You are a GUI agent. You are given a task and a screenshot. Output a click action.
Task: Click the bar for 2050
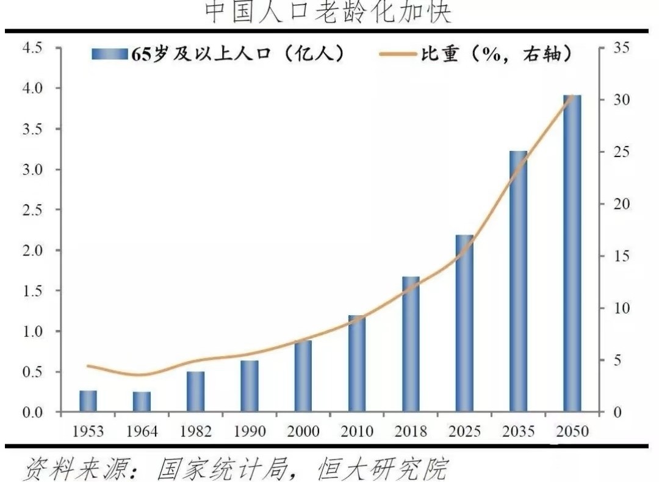[x=572, y=253]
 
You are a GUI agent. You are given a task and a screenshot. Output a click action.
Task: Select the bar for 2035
[x=518, y=281]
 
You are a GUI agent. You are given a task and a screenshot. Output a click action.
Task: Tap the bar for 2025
[x=464, y=323]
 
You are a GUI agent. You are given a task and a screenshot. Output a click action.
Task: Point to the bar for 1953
[x=88, y=401]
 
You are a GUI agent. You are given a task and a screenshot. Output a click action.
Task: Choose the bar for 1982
[x=196, y=392]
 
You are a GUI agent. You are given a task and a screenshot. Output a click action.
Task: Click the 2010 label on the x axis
[x=357, y=431]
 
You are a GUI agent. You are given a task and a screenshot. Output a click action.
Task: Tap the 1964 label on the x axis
[x=142, y=431]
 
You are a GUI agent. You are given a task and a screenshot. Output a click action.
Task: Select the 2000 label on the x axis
[x=303, y=431]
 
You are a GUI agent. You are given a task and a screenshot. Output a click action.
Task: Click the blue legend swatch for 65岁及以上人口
[x=110, y=54]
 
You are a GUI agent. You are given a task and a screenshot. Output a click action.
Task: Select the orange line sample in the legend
[x=397, y=54]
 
